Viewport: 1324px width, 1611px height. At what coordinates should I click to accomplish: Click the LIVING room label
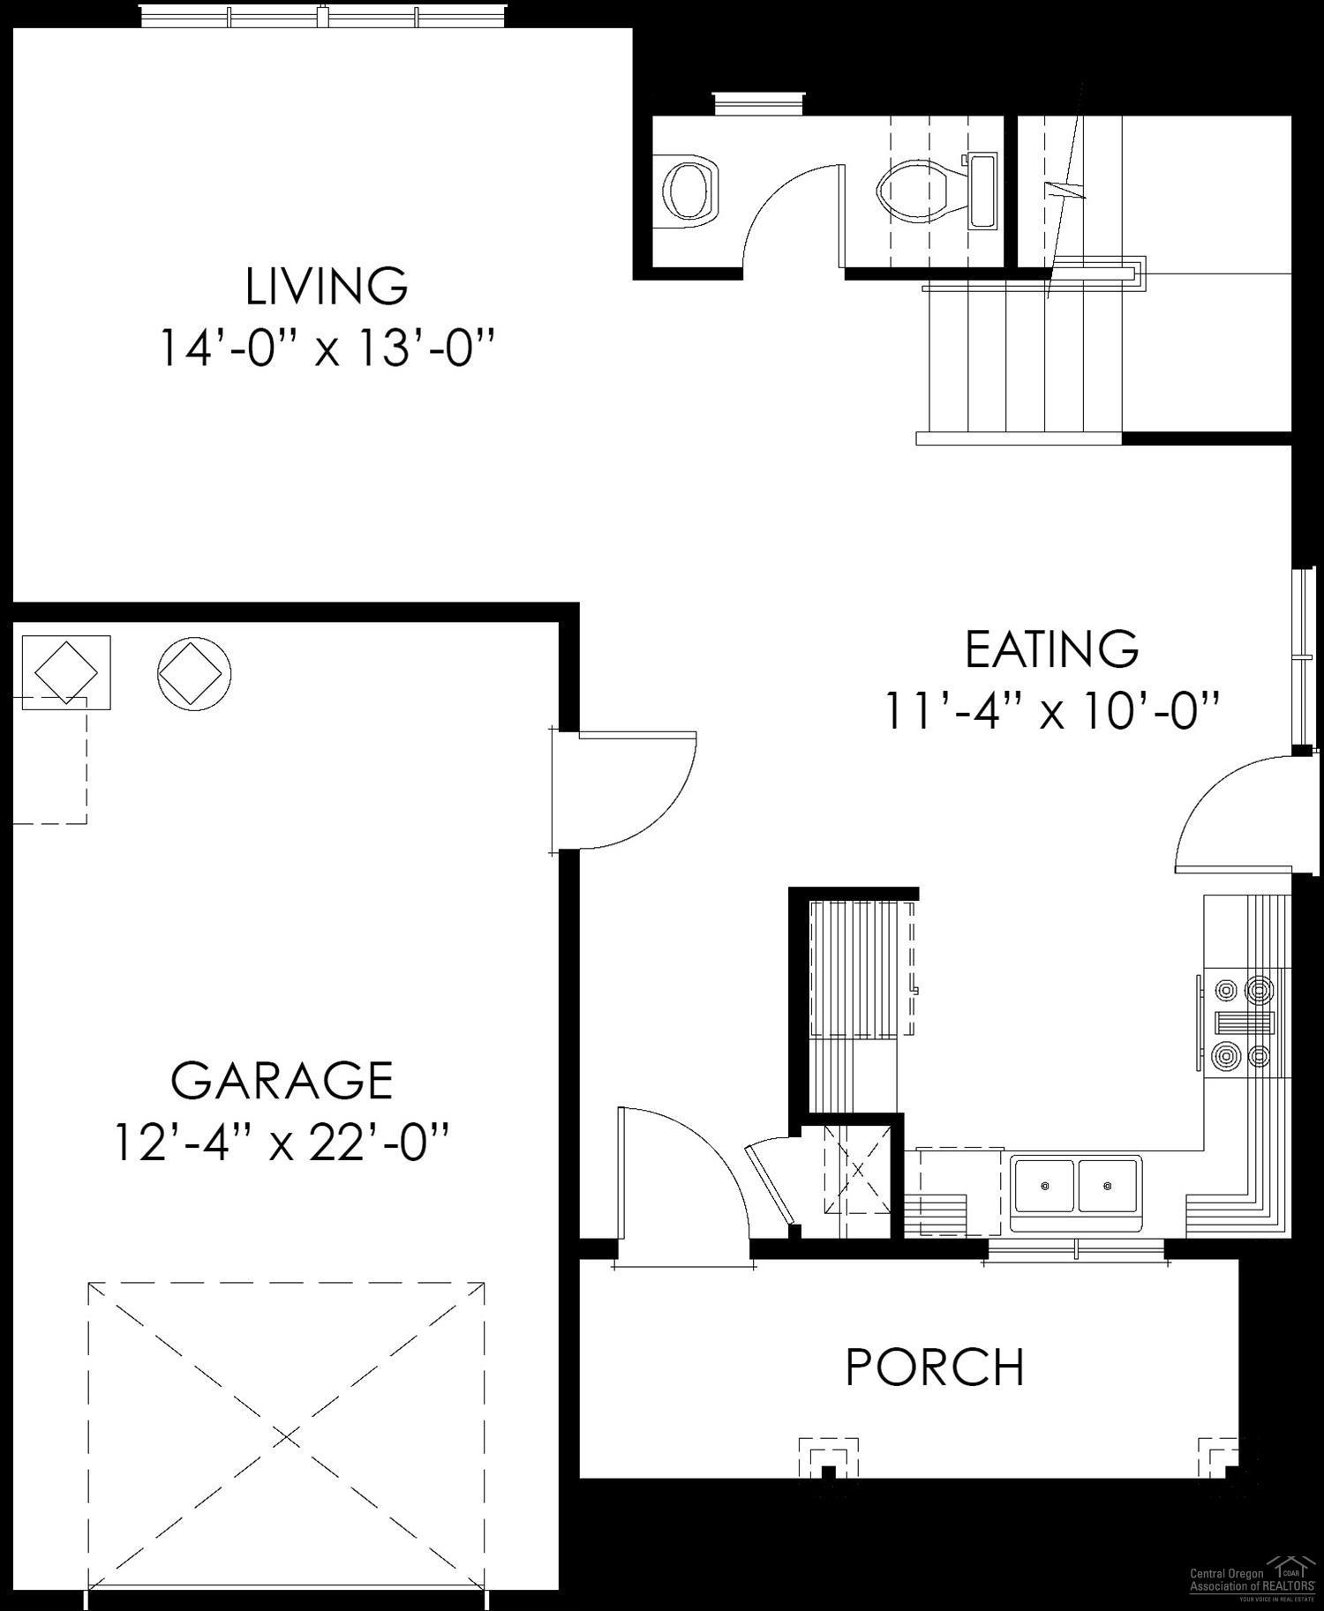pyautogui.click(x=327, y=286)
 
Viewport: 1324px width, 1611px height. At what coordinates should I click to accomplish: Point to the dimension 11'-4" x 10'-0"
pyautogui.click(x=1051, y=710)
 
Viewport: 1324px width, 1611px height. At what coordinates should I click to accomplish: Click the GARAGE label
pyautogui.click(x=282, y=1080)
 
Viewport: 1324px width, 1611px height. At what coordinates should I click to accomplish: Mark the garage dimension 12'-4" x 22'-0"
pyautogui.click(x=282, y=1143)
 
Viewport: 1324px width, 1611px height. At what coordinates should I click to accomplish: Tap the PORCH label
pyautogui.click(x=935, y=1367)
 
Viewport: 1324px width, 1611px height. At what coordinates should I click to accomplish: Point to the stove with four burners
pyautogui.click(x=1244, y=1023)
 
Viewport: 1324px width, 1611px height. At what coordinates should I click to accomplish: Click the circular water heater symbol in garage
pyautogui.click(x=194, y=673)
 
